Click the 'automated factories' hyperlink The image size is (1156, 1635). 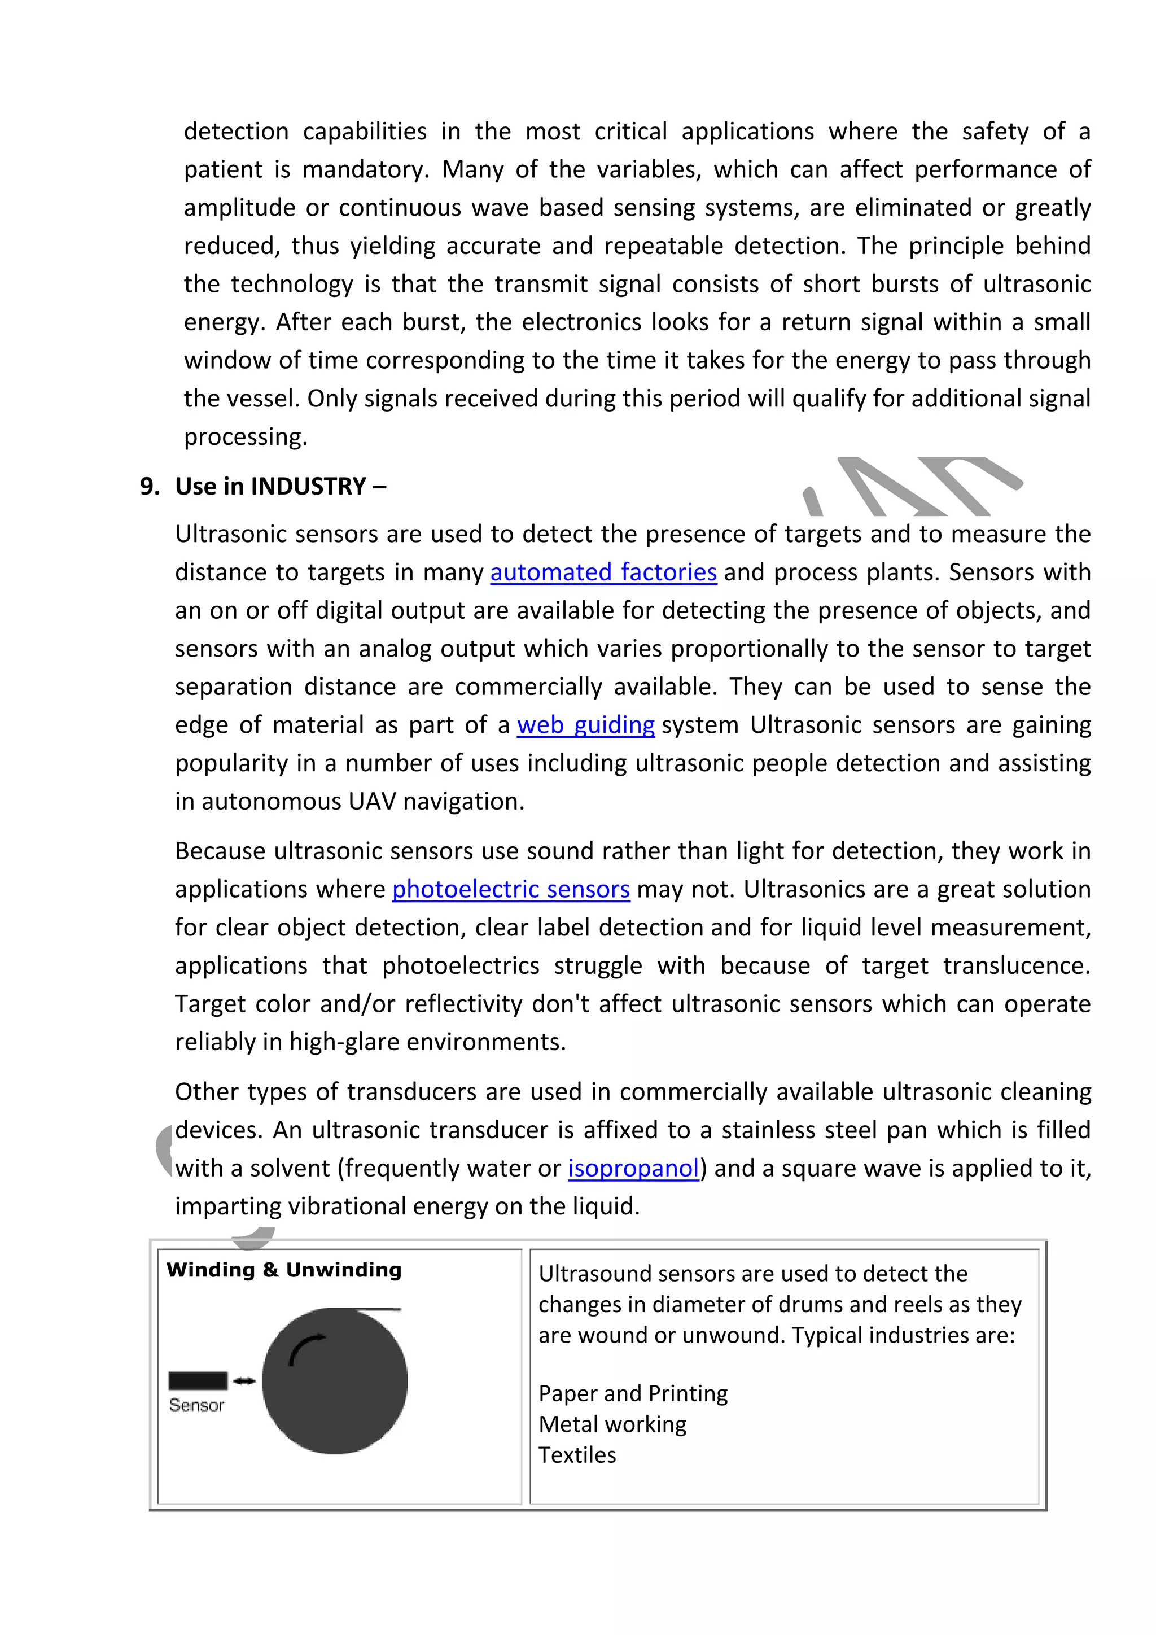pyautogui.click(x=603, y=572)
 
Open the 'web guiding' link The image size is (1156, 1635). pyautogui.click(x=585, y=725)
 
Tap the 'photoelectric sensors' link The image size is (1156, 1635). pyautogui.click(x=510, y=889)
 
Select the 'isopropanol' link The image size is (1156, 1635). pyautogui.click(x=633, y=1169)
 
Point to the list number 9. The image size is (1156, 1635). pyautogui.click(x=149, y=486)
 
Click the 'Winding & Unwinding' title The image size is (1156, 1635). pyautogui.click(x=284, y=1270)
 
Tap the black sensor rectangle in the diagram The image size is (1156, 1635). pyautogui.click(x=197, y=1381)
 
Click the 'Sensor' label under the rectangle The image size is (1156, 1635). pyautogui.click(x=196, y=1405)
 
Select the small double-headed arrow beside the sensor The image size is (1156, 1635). pyautogui.click(x=244, y=1381)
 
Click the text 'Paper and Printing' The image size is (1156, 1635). pyautogui.click(x=633, y=1393)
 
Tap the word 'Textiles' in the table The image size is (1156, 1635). pyautogui.click(x=576, y=1454)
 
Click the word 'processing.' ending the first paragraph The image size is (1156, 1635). pyautogui.click(x=246, y=436)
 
